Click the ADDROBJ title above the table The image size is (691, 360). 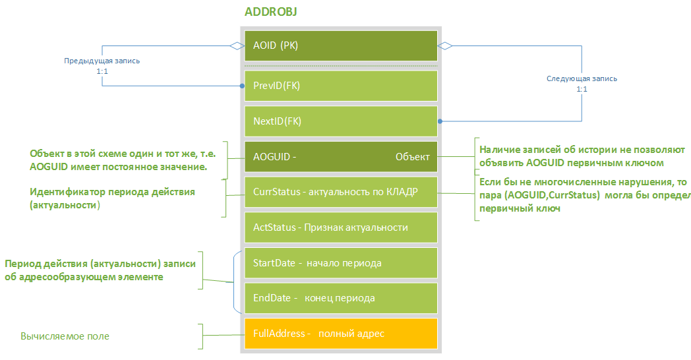click(274, 13)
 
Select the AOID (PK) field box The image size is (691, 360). click(341, 45)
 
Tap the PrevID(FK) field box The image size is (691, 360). click(341, 86)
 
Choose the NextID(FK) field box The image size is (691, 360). click(341, 121)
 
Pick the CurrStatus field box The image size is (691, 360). click(341, 192)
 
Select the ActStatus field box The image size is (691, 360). click(341, 227)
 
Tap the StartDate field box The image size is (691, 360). click(341, 263)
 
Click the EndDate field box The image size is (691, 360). click(341, 298)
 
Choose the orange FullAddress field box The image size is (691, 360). click(341, 334)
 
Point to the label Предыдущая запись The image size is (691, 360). click(102, 61)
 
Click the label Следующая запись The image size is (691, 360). click(582, 78)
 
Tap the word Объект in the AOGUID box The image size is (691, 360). click(412, 157)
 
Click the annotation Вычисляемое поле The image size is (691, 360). click(65, 336)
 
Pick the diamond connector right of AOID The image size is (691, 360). click(446, 45)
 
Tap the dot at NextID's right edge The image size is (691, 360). click(439, 121)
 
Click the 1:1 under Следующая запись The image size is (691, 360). click(582, 89)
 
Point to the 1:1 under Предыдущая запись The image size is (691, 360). click(102, 71)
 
